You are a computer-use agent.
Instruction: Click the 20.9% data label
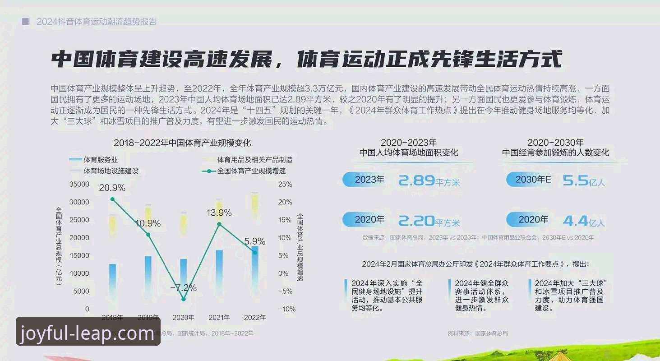pyautogui.click(x=112, y=188)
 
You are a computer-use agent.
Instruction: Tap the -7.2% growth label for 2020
pyautogui.click(x=184, y=287)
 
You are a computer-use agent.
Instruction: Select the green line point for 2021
pyautogui.click(x=219, y=224)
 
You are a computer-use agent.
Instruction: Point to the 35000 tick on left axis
pyautogui.click(x=79, y=184)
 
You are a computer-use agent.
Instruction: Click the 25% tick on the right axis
pyautogui.click(x=285, y=184)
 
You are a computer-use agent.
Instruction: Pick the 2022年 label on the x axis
pyautogui.click(x=255, y=318)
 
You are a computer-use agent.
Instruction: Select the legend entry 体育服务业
pyautogui.click(x=100, y=160)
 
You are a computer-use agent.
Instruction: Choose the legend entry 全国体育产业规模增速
pyautogui.click(x=251, y=171)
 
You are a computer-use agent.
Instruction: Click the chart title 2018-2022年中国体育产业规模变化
pyautogui.click(x=182, y=143)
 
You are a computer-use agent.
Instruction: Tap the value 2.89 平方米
pyautogui.click(x=429, y=181)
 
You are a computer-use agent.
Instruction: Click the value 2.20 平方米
pyautogui.click(x=429, y=221)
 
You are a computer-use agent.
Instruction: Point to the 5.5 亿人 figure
pyautogui.click(x=583, y=181)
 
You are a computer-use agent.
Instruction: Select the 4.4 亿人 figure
pyautogui.click(x=583, y=221)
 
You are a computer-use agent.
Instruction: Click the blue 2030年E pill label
pyautogui.click(x=532, y=180)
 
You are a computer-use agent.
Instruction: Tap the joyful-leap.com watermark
pyautogui.click(x=88, y=333)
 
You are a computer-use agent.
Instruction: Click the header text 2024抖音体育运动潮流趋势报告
pyautogui.click(x=97, y=22)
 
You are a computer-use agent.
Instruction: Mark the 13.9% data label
pyautogui.click(x=219, y=213)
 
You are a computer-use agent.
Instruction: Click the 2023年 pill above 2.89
pyautogui.click(x=369, y=180)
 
